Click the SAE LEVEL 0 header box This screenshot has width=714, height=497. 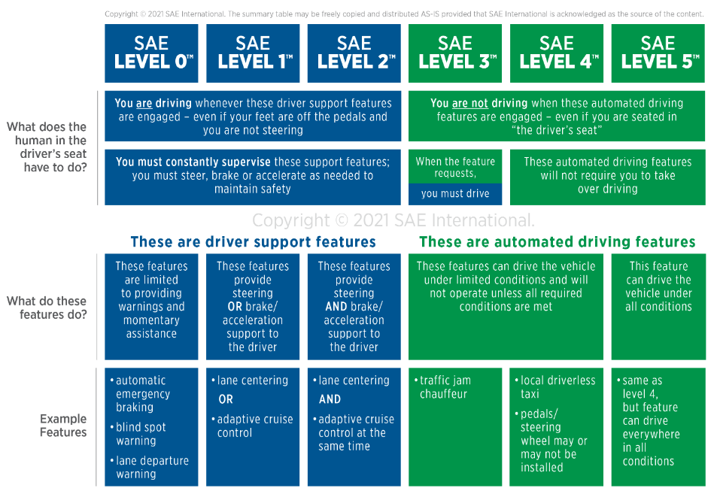click(151, 53)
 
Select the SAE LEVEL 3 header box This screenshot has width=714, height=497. click(455, 53)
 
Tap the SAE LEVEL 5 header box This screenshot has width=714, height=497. click(658, 53)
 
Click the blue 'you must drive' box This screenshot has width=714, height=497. click(455, 194)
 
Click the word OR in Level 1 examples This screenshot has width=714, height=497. click(226, 399)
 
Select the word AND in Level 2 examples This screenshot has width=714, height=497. click(330, 399)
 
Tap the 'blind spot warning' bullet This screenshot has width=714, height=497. click(138, 434)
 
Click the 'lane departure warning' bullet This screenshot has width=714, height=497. click(150, 467)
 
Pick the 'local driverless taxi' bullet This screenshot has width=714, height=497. click(555, 387)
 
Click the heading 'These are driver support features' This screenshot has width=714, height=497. click(254, 241)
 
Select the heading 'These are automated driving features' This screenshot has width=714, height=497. click(558, 241)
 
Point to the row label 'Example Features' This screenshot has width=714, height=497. click(63, 425)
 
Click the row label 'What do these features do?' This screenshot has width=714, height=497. click(47, 308)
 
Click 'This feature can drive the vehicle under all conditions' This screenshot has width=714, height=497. click(658, 286)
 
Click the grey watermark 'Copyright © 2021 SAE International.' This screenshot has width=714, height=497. click(393, 220)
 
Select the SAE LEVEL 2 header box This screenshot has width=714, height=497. click(354, 53)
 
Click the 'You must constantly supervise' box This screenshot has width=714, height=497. click(253, 177)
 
